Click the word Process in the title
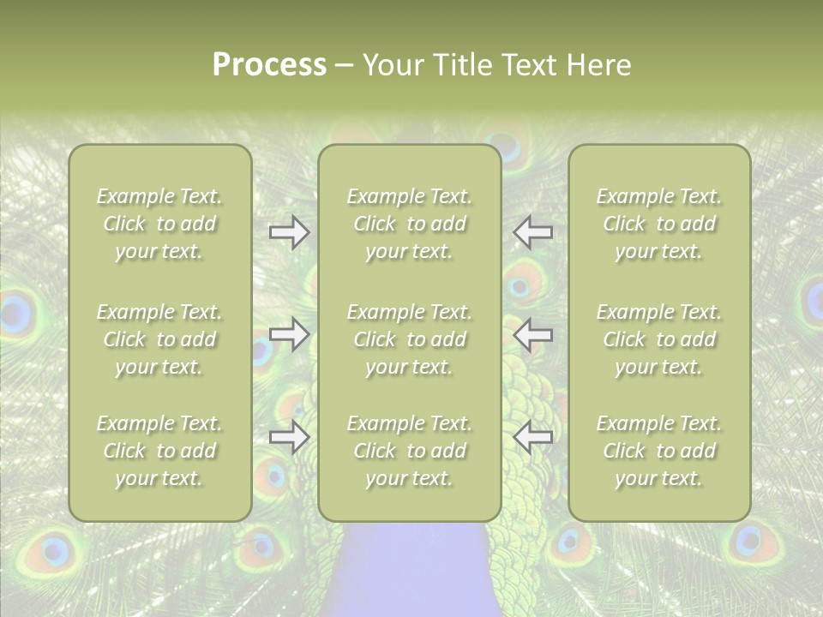pos(269,65)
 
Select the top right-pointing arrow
pos(289,232)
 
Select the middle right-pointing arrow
pos(289,334)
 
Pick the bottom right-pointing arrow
pos(289,437)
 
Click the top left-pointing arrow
pos(533,232)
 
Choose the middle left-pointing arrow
pos(533,334)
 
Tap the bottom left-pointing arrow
pos(533,437)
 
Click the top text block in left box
pos(159,224)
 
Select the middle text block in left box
pos(159,339)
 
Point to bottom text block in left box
pos(159,451)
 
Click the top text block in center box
pos(409,224)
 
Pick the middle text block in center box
pos(409,339)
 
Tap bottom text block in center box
pos(409,451)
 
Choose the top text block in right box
pos(658,224)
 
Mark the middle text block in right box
pos(658,339)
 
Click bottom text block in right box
pos(658,451)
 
